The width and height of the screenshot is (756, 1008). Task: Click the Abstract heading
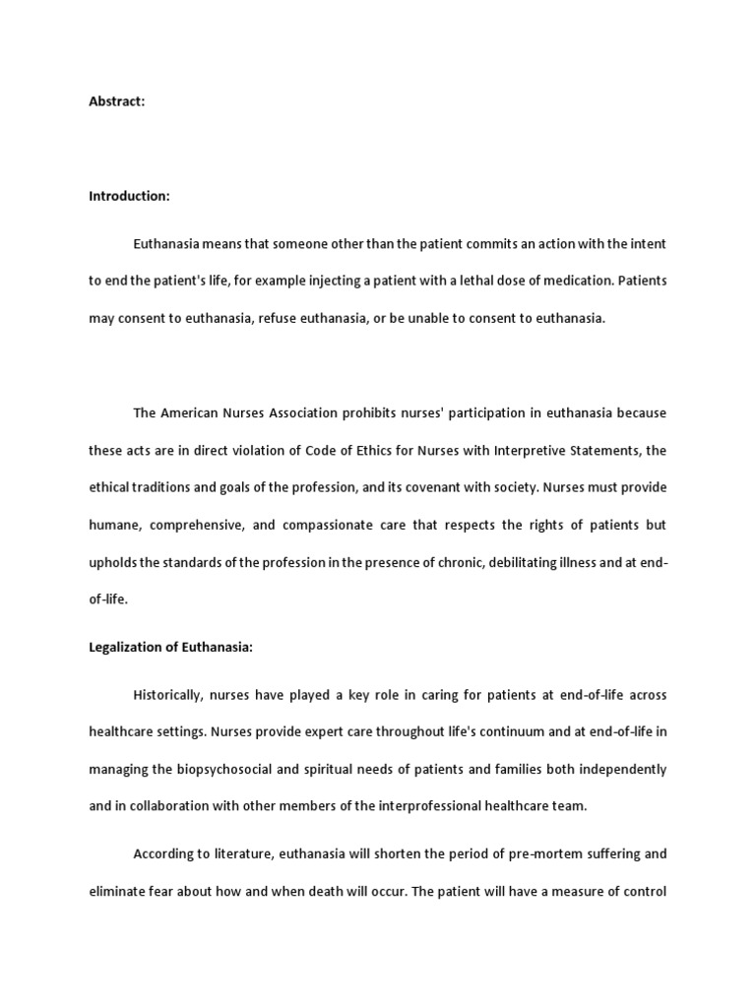(x=117, y=101)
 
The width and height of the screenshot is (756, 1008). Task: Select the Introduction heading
(x=129, y=196)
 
